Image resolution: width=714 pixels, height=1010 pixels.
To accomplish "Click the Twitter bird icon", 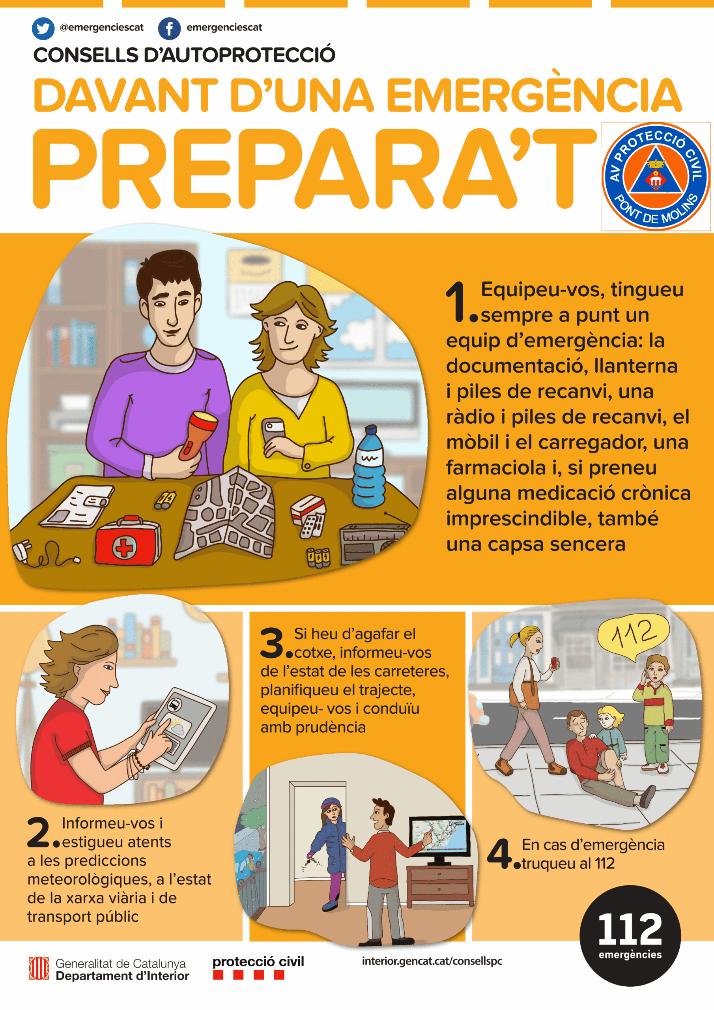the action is (43, 28).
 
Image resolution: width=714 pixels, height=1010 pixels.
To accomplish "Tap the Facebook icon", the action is (169, 28).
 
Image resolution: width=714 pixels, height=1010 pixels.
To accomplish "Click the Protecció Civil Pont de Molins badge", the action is (656, 176).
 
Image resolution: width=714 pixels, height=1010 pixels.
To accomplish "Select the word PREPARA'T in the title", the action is (314, 169).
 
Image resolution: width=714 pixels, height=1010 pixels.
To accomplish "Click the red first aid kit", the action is (127, 541).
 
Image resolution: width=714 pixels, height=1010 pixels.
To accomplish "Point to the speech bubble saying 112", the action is (634, 636).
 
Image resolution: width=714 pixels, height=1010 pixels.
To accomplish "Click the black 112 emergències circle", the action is (630, 936).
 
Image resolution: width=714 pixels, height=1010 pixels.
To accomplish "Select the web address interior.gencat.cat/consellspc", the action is (432, 961).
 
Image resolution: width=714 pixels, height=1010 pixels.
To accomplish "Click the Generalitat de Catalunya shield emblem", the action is (39, 969).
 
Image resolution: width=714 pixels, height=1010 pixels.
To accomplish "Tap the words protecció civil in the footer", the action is (258, 961).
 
